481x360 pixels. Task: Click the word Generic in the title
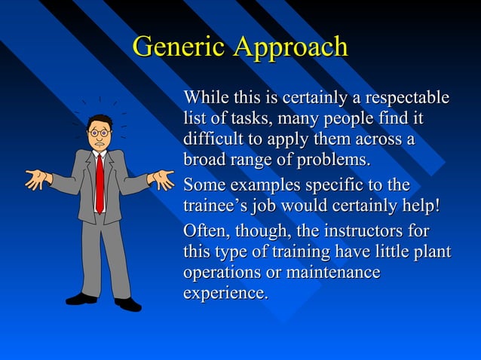(x=179, y=47)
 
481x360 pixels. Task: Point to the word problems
(x=335, y=160)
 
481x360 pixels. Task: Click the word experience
(x=225, y=293)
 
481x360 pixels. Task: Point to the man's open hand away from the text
(x=36, y=179)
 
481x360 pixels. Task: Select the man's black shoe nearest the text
(x=127, y=304)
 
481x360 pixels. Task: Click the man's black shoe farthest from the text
(x=81, y=299)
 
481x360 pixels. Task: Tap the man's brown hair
(x=100, y=121)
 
